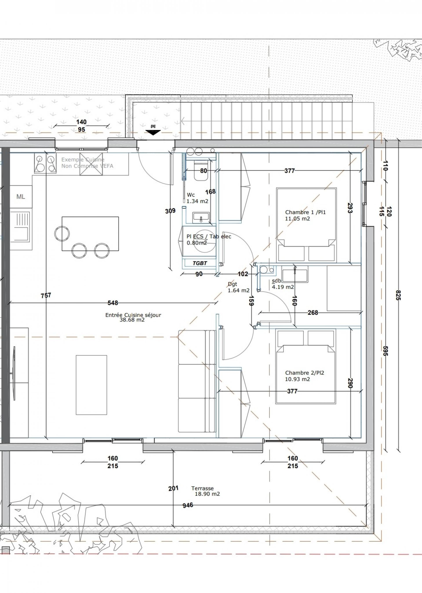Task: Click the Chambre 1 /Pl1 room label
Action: click(x=305, y=212)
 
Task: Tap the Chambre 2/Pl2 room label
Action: click(x=305, y=373)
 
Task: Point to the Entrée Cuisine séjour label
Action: click(x=133, y=315)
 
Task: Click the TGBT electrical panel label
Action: click(x=200, y=263)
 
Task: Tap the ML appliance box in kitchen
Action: click(x=21, y=196)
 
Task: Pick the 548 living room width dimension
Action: click(x=113, y=303)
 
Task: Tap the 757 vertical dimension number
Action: click(x=46, y=295)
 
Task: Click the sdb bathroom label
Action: click(x=276, y=281)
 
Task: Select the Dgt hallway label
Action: click(x=232, y=284)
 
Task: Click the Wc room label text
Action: click(x=191, y=195)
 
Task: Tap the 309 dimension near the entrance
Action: click(x=170, y=211)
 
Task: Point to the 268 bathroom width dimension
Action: click(x=313, y=313)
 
